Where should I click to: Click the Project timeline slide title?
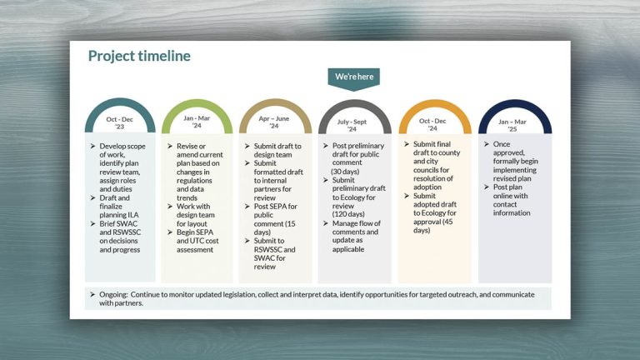click(x=139, y=56)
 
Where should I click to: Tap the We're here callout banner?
click(x=354, y=77)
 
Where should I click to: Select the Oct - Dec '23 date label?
click(x=120, y=122)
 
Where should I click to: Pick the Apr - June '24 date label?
click(x=274, y=122)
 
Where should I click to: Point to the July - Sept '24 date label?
click(x=353, y=125)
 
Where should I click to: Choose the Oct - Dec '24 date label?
click(x=433, y=124)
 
